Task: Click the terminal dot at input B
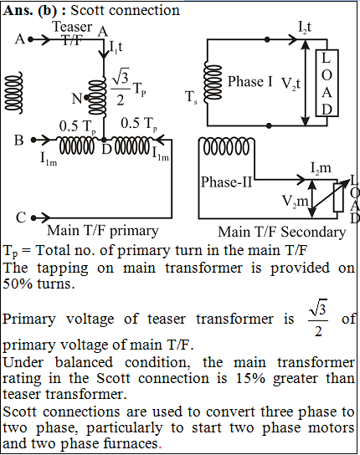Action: [x=33, y=140]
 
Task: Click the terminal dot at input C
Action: [x=33, y=217]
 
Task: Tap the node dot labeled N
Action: [x=86, y=98]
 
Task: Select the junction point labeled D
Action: [x=104, y=140]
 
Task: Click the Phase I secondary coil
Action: [x=212, y=83]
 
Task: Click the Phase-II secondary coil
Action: [x=227, y=146]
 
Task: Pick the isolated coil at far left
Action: [x=13, y=93]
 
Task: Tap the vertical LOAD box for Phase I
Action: [x=327, y=83]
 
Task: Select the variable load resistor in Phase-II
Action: [x=338, y=197]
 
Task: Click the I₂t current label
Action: [x=305, y=28]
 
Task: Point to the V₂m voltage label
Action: [x=295, y=201]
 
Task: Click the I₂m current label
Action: [x=321, y=168]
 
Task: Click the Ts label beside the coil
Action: [x=192, y=97]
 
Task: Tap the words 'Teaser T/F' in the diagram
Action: [x=72, y=33]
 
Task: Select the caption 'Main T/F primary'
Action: [x=103, y=231]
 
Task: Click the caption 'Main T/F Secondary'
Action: [x=282, y=233]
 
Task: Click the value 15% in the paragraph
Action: [x=250, y=378]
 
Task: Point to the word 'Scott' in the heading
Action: [x=87, y=10]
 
